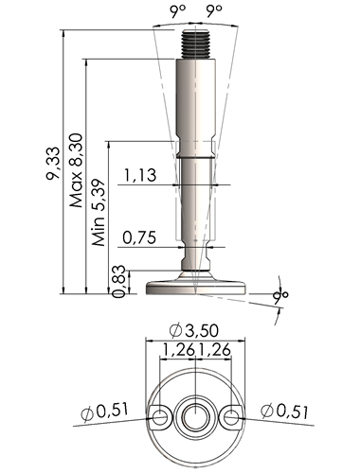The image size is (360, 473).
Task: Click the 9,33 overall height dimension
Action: click(x=53, y=163)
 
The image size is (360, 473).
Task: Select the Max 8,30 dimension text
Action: click(x=77, y=170)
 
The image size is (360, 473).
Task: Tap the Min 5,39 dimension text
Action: click(x=99, y=213)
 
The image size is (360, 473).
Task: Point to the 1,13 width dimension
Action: click(x=140, y=175)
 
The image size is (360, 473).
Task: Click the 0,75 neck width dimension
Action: click(x=139, y=237)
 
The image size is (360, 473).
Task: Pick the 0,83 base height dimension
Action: click(x=119, y=281)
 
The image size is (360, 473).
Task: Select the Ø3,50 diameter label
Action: click(x=193, y=330)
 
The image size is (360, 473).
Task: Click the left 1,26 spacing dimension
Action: click(x=178, y=349)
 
